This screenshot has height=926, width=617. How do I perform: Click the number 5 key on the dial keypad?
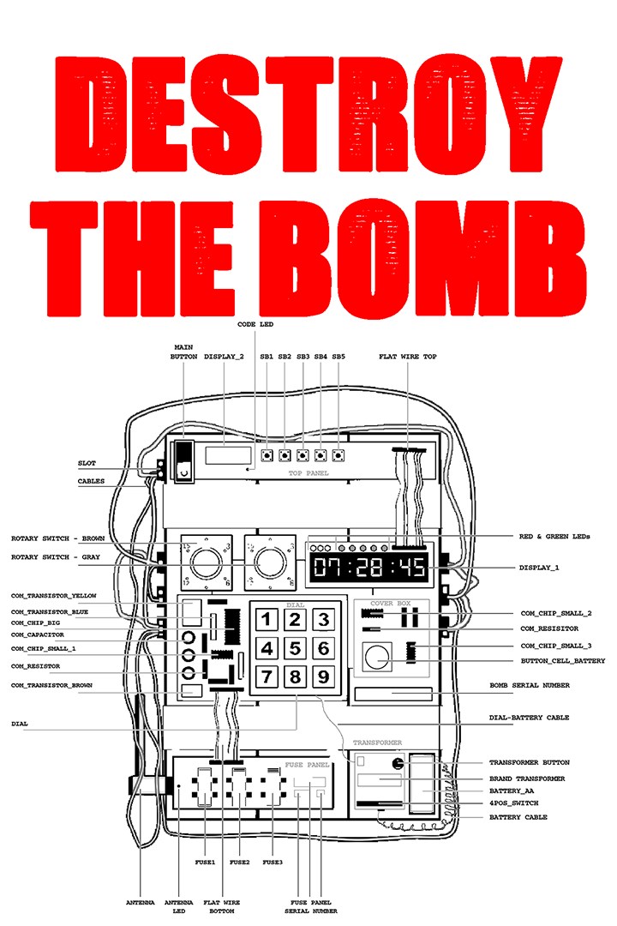[296, 648]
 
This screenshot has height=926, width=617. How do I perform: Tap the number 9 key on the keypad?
[323, 677]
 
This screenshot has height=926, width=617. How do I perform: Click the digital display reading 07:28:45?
[369, 567]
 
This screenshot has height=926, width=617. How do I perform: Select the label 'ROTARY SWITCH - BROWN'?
[58, 539]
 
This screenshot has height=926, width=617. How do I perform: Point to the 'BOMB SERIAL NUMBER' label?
[528, 685]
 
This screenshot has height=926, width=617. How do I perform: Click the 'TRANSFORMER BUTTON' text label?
[529, 762]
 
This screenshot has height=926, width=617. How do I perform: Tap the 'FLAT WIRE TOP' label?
[407, 356]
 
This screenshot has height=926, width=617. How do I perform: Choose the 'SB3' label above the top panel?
[303, 356]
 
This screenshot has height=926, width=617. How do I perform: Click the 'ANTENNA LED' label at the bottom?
[178, 907]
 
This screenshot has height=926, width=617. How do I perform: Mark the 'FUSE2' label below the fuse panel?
[240, 862]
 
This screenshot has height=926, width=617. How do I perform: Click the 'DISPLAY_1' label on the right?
[541, 567]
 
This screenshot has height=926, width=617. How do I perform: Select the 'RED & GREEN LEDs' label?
[554, 536]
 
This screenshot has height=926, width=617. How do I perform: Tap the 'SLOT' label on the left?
[87, 463]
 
